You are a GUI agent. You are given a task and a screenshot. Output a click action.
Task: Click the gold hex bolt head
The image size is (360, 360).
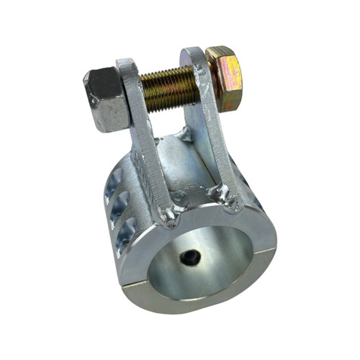223,79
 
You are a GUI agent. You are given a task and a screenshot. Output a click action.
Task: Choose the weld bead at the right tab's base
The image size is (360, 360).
232,203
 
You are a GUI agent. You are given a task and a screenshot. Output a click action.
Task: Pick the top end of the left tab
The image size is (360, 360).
127,66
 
